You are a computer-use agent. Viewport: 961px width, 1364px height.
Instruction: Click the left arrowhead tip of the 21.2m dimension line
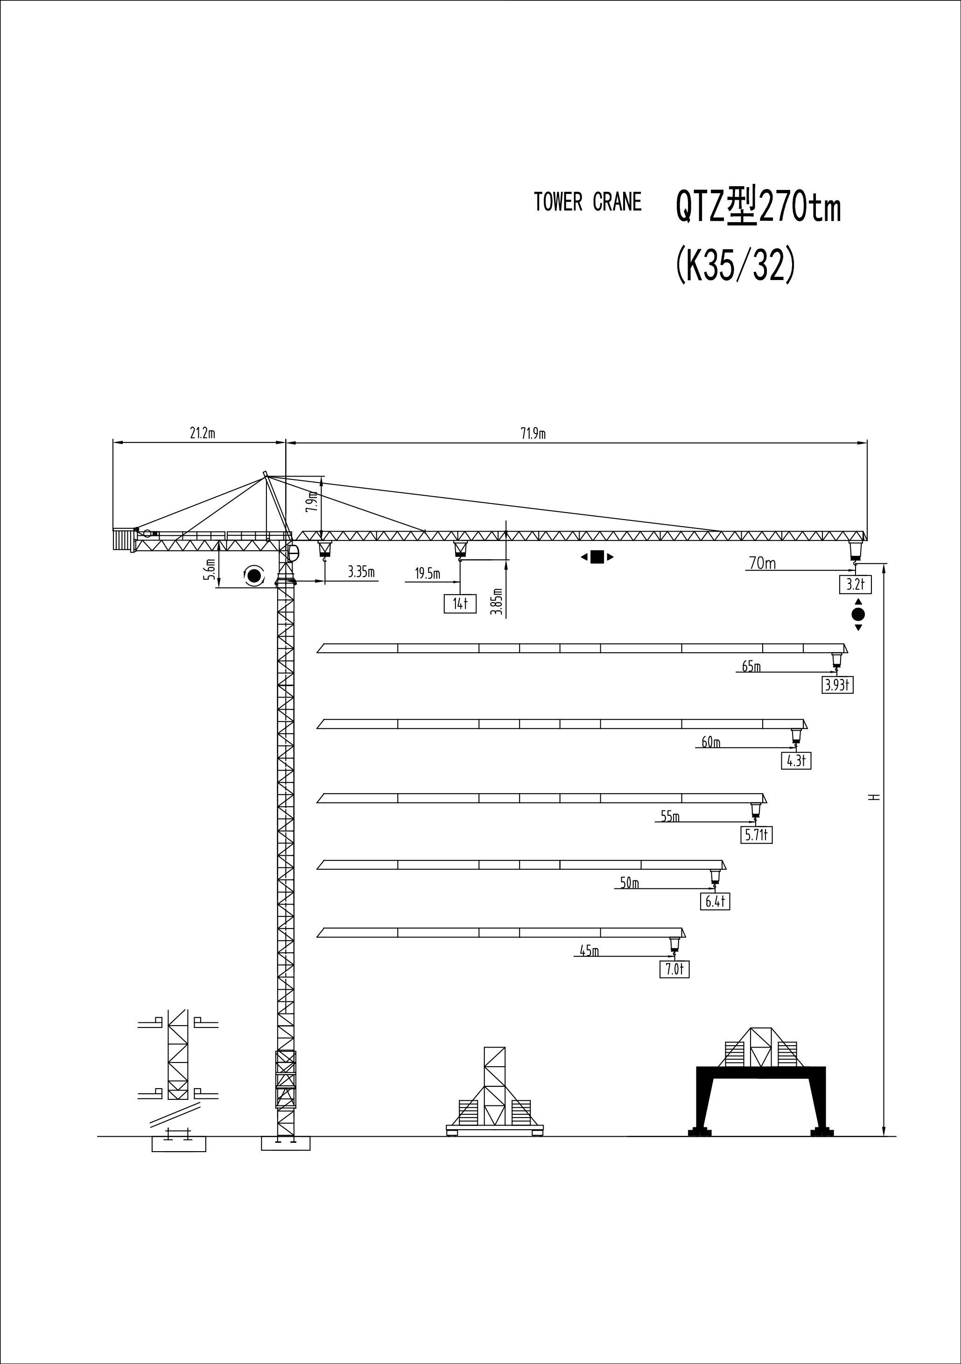pyautogui.click(x=113, y=443)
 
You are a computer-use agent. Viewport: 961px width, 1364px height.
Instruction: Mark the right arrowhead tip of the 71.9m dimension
pyautogui.click(x=867, y=443)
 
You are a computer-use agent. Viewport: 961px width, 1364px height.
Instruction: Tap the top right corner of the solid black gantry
pyautogui.click(x=826, y=1067)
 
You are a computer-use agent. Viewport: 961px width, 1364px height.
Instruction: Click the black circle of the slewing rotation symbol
pyautogui.click(x=255, y=575)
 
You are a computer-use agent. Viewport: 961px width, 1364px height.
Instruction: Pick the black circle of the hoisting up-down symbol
pyautogui.click(x=858, y=614)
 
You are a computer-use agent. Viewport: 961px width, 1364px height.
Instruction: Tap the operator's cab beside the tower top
pyautogui.click(x=293, y=553)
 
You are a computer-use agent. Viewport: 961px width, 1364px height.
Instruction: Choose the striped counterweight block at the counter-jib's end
pyautogui.click(x=122, y=540)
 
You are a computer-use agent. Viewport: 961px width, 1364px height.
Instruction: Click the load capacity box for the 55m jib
pyautogui.click(x=757, y=835)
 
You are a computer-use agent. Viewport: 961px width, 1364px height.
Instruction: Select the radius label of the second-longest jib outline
pyautogui.click(x=751, y=667)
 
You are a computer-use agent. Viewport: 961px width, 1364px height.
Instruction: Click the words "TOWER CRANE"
pyautogui.click(x=588, y=202)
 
